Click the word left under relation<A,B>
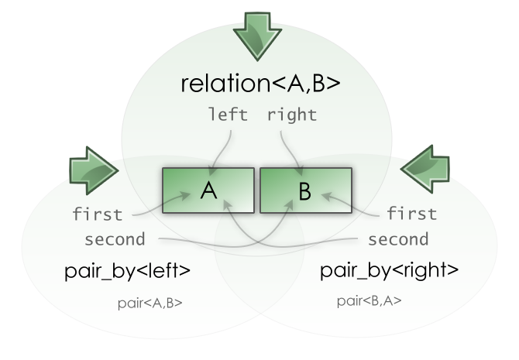[x=228, y=116]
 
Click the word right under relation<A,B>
[x=291, y=116]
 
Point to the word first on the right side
[x=411, y=214]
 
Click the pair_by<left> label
[x=127, y=273]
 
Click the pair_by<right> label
[x=390, y=273]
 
